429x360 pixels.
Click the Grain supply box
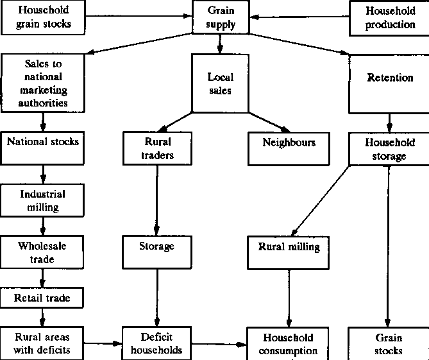221,17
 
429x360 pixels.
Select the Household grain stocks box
43,17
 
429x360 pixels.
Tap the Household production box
390,17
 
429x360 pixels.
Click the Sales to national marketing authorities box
44,83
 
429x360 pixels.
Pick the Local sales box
221,83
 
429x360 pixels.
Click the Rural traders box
156,148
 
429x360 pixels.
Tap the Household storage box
390,149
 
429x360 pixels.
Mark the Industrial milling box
43,200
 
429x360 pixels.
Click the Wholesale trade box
42,252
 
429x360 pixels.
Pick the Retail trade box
42,298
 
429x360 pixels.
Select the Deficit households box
156,343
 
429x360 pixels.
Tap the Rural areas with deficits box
43,343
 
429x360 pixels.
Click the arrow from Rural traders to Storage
156,199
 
